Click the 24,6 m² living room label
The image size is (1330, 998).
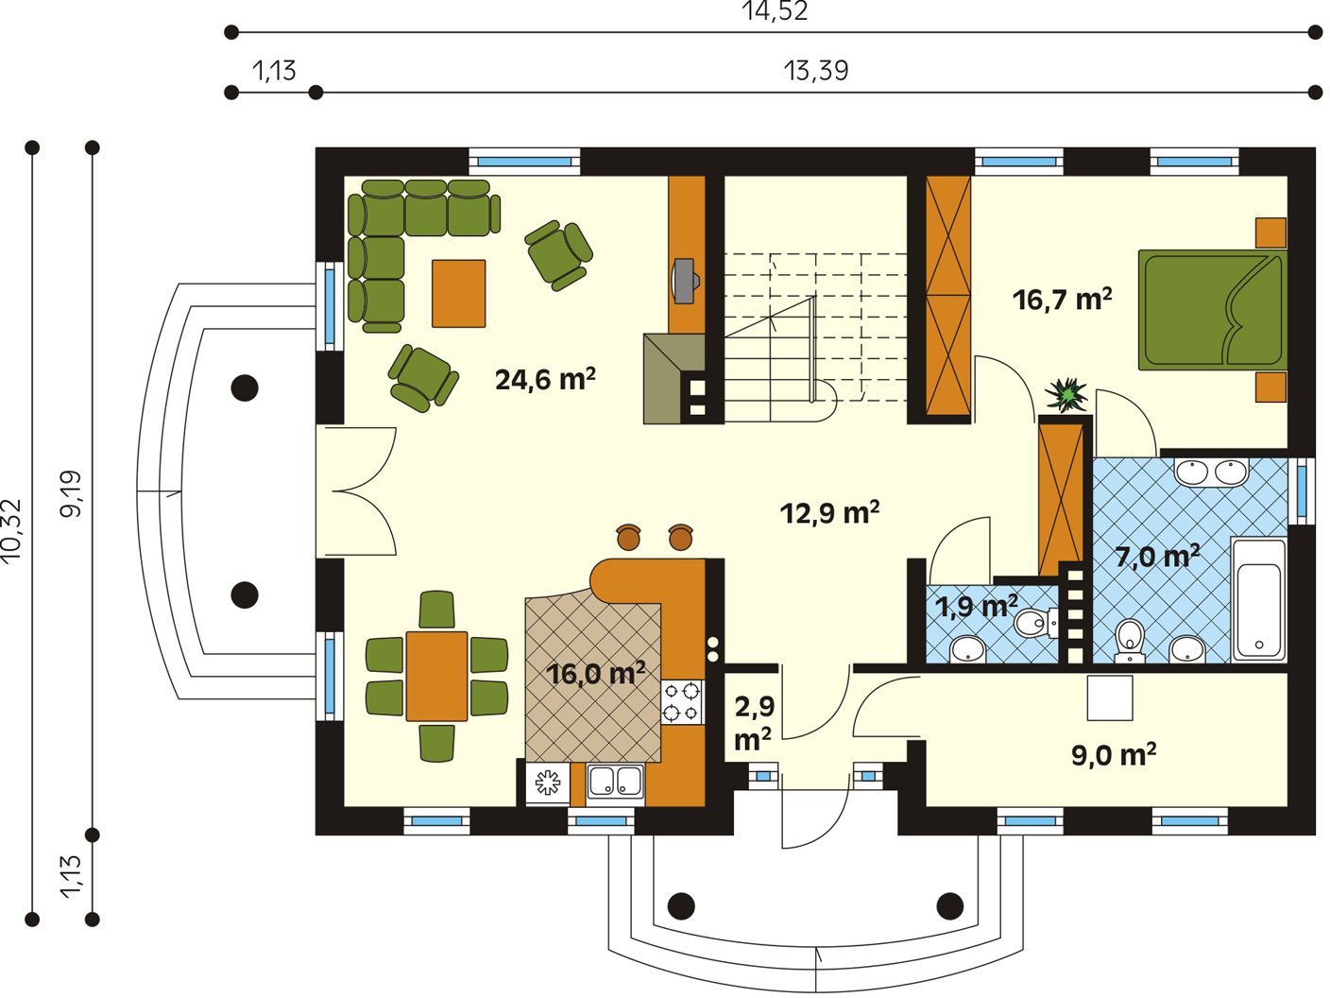pos(545,379)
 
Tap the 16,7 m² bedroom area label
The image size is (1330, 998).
pos(1062,300)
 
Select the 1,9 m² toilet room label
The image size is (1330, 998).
pos(976,606)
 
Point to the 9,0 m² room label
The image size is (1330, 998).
pos(1114,755)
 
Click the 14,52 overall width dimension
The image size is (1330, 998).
pos(775,11)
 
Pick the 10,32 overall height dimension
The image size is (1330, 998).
pos(11,531)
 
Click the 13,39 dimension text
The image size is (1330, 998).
pos(816,71)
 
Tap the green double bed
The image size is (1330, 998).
pos(1213,310)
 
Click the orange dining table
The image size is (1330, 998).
pos(436,677)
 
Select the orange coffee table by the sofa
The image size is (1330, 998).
pos(459,293)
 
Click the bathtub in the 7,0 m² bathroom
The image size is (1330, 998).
pos(1259,598)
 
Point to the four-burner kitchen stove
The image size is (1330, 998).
pos(682,701)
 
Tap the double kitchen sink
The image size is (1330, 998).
pos(615,782)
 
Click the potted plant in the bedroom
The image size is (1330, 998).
pos(1066,394)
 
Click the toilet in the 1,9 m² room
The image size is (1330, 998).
pos(1036,623)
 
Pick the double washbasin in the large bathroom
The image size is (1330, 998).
pos(1211,473)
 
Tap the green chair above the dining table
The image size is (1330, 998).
pos(436,609)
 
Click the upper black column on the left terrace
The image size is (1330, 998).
pos(245,387)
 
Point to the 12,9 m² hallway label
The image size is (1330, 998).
pos(829,512)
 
